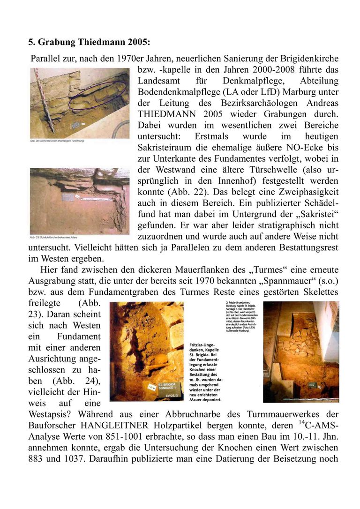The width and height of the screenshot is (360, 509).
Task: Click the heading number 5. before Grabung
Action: (x=32, y=42)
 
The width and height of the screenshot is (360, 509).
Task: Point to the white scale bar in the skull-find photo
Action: (x=96, y=198)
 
